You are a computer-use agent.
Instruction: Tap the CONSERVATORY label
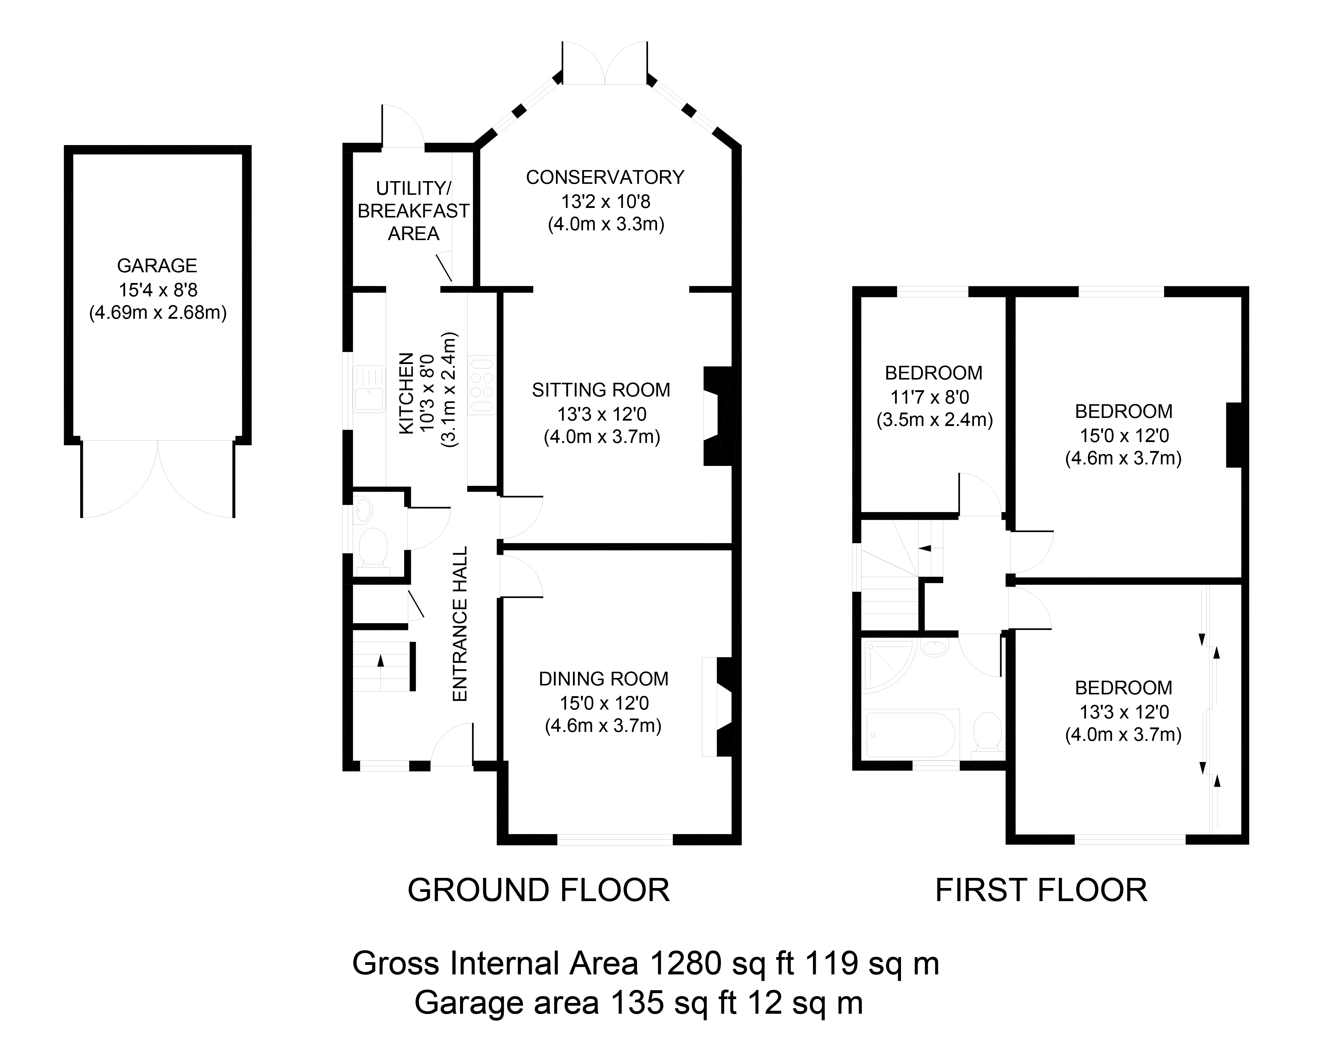(x=605, y=178)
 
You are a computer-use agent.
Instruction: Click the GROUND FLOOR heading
(x=539, y=890)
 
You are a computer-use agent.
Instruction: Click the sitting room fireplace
(x=716, y=416)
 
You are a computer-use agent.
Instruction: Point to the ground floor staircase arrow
(x=381, y=661)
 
